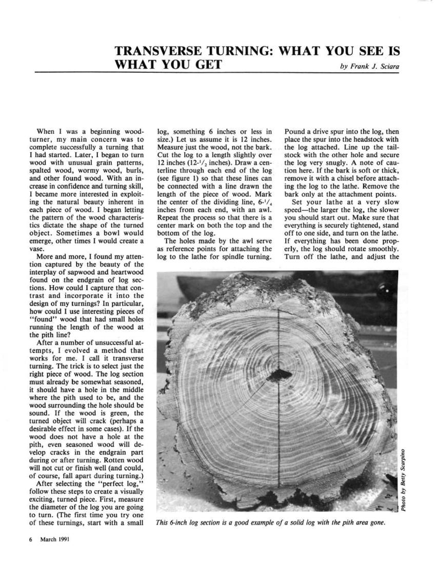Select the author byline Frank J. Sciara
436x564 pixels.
[376, 67]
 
